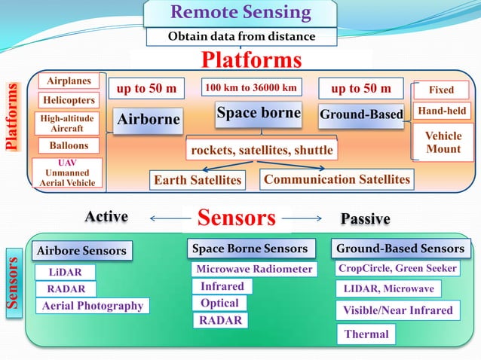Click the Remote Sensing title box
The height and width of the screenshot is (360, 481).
pyautogui.click(x=240, y=13)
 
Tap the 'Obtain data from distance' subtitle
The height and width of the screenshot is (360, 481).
pyautogui.click(x=240, y=36)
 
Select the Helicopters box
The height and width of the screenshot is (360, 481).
pyautogui.click(x=69, y=100)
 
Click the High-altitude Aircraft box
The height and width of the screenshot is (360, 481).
pyautogui.click(x=68, y=124)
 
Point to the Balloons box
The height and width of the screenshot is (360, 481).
pyautogui.click(x=69, y=145)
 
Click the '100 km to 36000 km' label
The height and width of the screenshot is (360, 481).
pyautogui.click(x=251, y=87)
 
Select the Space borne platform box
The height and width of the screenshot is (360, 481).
pyautogui.click(x=259, y=113)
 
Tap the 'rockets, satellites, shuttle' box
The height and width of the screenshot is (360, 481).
pyautogui.click(x=261, y=150)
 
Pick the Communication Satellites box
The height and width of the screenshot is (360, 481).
pyautogui.click(x=337, y=179)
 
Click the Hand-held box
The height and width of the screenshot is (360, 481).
pyautogui.click(x=442, y=111)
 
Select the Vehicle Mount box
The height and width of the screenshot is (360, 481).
pyautogui.click(x=443, y=142)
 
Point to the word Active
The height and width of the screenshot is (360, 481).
pyautogui.click(x=106, y=217)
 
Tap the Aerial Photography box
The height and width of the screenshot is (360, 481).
pyautogui.click(x=93, y=306)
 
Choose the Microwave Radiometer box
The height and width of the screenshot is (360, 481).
pyautogui.click(x=253, y=269)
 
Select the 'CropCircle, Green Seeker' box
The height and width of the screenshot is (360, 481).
pyautogui.click(x=398, y=268)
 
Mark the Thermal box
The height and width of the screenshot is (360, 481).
pyautogui.click(x=366, y=334)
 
